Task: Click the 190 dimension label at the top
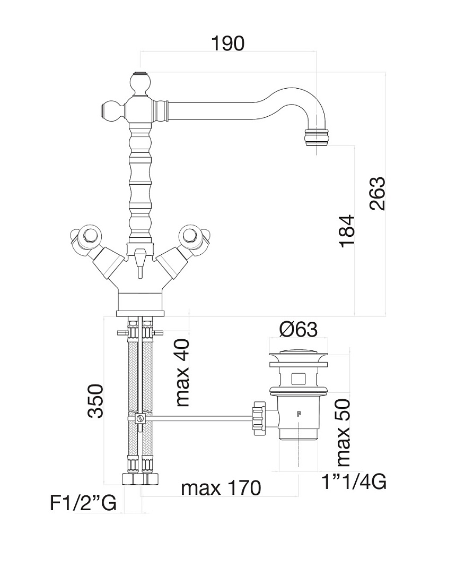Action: coord(227,44)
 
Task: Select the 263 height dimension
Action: coord(377,194)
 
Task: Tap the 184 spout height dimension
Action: coord(347,230)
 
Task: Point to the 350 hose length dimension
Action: coord(95,401)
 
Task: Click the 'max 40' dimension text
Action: coord(182,373)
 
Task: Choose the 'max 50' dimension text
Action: coord(343,433)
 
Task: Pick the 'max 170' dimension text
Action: coord(221,488)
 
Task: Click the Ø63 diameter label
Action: coord(299,330)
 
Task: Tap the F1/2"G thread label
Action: coord(83,503)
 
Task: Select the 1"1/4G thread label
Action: coord(354,482)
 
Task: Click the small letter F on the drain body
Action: coord(298,414)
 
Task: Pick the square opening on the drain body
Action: coord(299,379)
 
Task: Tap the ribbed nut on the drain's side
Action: coord(259,418)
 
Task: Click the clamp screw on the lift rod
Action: coord(140,418)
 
